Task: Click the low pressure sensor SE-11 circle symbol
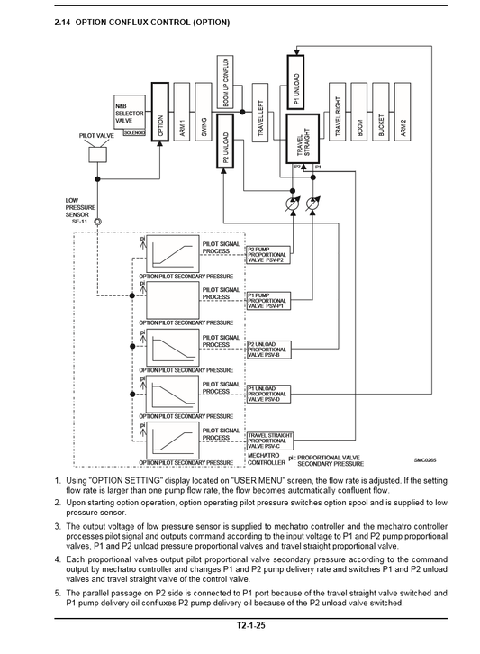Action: pyautogui.click(x=98, y=220)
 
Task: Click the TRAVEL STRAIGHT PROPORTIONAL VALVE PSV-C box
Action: pyautogui.click(x=271, y=440)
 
